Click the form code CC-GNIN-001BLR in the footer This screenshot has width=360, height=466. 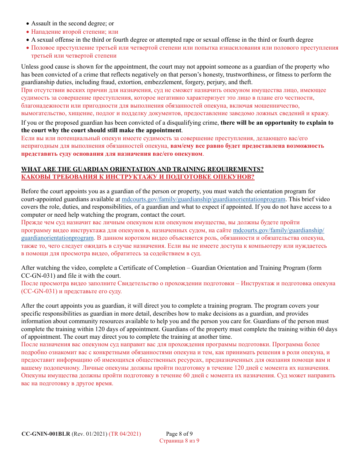45,434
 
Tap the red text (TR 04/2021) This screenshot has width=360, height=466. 125,434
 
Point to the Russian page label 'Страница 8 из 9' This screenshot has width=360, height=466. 179,441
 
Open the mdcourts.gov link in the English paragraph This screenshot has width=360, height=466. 203,199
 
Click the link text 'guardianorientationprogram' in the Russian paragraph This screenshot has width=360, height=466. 57,238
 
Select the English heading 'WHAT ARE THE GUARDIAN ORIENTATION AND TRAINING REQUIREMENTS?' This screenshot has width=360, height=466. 142,169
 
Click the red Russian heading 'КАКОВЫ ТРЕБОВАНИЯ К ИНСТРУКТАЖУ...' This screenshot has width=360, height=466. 138,177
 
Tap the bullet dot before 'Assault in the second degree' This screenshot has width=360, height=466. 28,24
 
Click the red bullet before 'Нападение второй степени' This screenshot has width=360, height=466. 28,32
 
